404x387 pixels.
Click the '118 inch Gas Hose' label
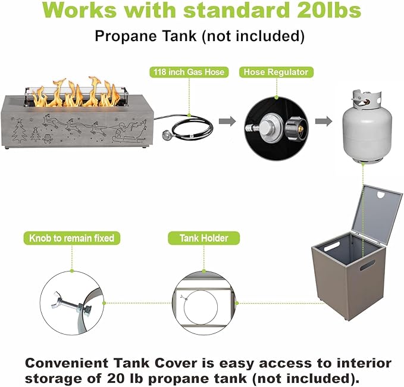(x=189, y=72)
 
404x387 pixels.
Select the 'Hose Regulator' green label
(x=276, y=72)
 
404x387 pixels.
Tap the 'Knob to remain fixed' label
(x=71, y=238)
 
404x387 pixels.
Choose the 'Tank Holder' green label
(x=204, y=238)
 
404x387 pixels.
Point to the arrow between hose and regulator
(x=227, y=121)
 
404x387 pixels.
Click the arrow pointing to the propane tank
(x=324, y=121)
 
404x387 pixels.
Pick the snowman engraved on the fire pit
(x=47, y=138)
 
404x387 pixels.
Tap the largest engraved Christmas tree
(x=20, y=131)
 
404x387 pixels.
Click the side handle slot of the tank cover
(x=368, y=265)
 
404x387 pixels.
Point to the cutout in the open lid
(x=380, y=195)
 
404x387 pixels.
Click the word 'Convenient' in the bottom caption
(x=67, y=363)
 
